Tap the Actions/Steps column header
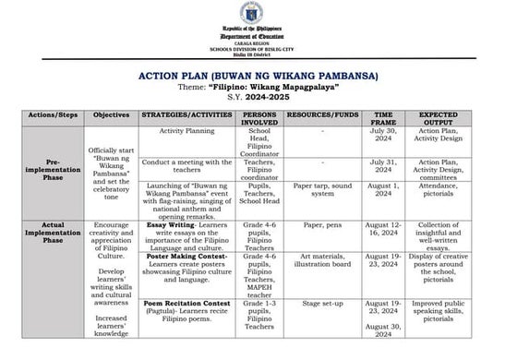(51, 121)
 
